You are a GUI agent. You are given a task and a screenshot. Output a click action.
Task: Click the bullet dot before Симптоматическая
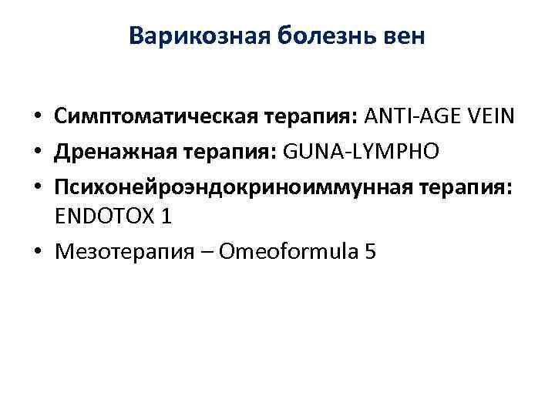coord(37,119)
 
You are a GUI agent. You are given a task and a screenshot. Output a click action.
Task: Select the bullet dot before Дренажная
coord(37,153)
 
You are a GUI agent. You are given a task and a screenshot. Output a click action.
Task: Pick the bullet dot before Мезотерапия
coord(37,253)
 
